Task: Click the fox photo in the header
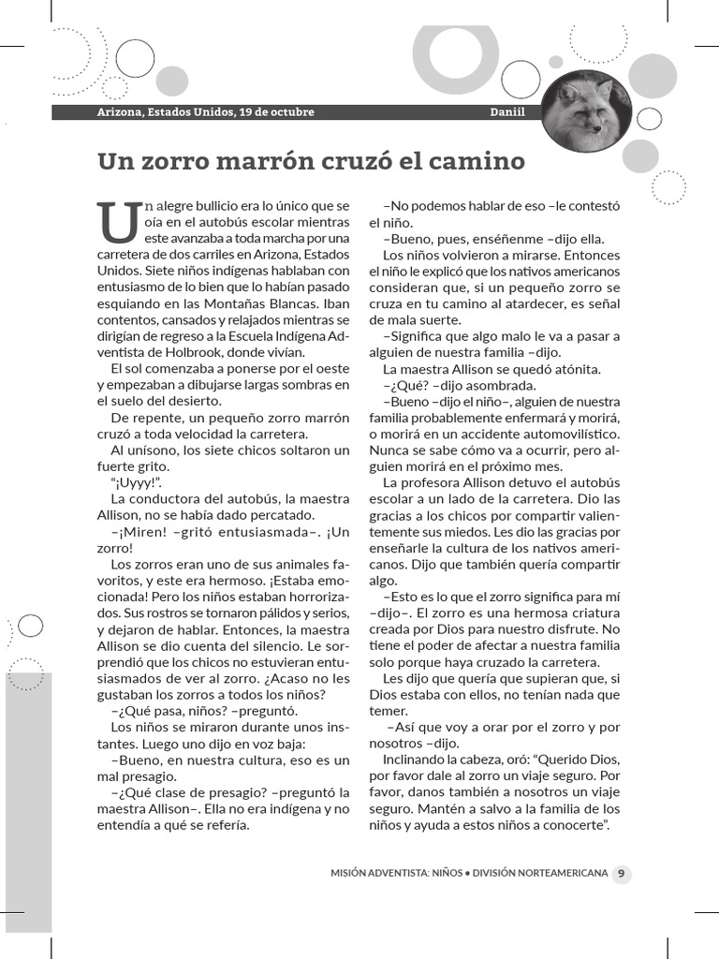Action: [587, 111]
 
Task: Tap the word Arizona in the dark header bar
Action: [122, 112]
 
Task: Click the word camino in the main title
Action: [478, 161]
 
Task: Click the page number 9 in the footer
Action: [622, 873]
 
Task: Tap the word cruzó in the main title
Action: [356, 161]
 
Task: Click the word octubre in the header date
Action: [288, 112]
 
